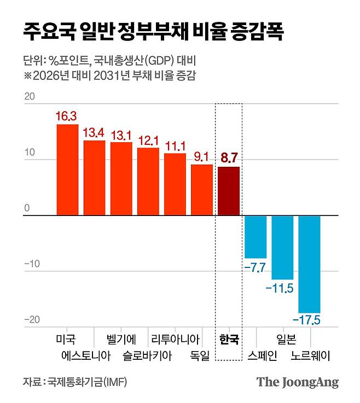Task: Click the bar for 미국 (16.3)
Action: click(67, 170)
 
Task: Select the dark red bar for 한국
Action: click(229, 191)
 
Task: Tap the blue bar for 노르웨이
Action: click(309, 264)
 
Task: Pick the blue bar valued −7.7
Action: click(256, 237)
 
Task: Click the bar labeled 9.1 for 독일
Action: click(202, 190)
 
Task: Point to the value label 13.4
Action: click(94, 133)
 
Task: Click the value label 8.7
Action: click(229, 159)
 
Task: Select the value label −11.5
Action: click(282, 288)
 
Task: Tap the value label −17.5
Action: click(309, 319)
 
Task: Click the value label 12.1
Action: click(148, 140)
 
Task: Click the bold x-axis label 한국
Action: click(229, 340)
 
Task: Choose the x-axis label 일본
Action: click(286, 339)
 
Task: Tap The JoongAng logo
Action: click(298, 382)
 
